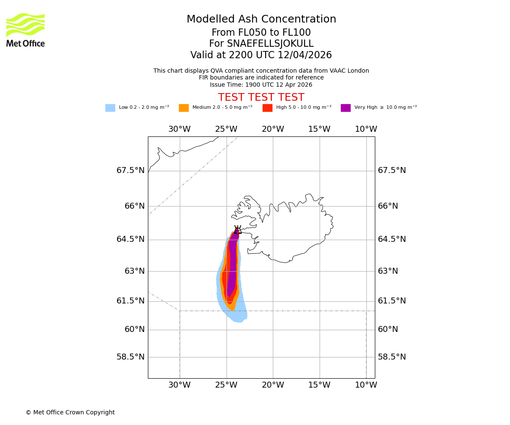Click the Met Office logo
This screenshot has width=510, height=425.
(x=25, y=30)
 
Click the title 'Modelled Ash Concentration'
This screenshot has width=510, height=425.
(x=261, y=20)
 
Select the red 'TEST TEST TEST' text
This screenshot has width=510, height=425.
(x=261, y=98)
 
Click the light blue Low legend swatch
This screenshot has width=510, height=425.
(x=110, y=108)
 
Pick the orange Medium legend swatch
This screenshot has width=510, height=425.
(x=184, y=108)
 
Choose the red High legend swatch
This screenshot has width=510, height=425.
(x=267, y=108)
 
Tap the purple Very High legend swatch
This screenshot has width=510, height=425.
(x=346, y=108)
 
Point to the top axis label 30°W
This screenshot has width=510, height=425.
(x=179, y=129)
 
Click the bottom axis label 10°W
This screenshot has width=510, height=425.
(x=366, y=385)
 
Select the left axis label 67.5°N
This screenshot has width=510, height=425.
(x=130, y=170)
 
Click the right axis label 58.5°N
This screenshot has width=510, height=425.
(x=392, y=357)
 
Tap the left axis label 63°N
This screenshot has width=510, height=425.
(x=135, y=271)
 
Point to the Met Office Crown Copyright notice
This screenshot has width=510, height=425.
(x=70, y=413)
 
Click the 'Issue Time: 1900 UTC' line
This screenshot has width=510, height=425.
(x=261, y=85)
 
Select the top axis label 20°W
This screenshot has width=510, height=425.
(x=273, y=129)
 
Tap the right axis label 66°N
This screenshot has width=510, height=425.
(x=388, y=206)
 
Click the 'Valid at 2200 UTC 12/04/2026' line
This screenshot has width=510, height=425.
(x=261, y=55)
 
